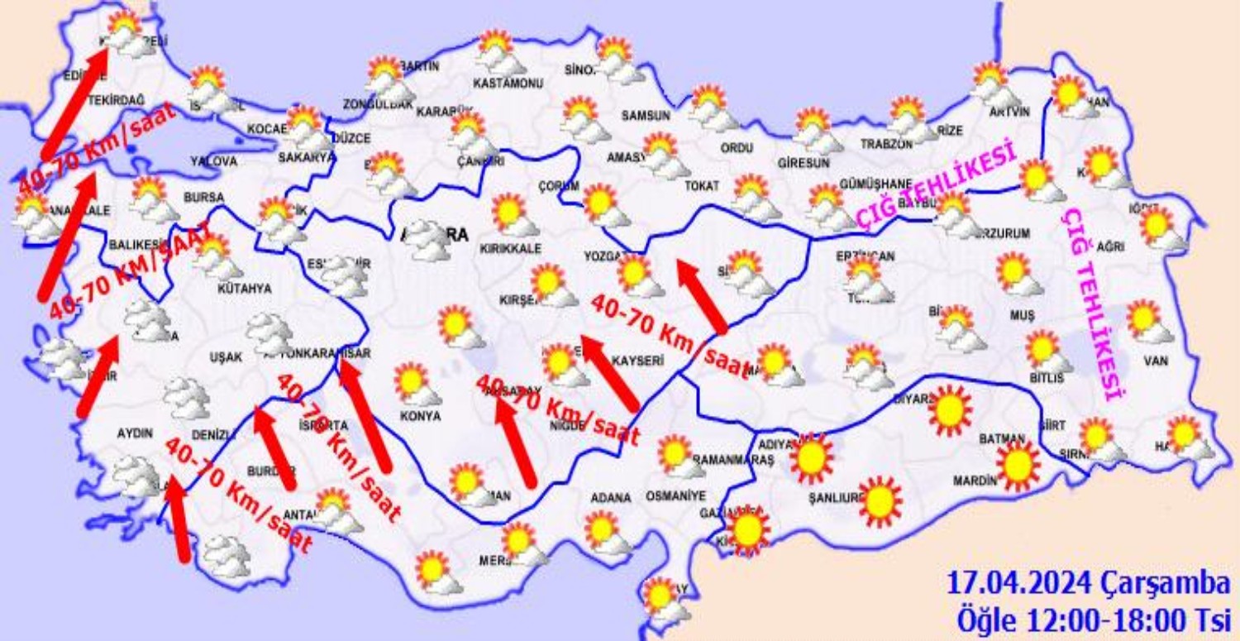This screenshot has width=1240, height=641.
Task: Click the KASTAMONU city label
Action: tap(508, 84)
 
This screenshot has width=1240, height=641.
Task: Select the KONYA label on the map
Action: tap(420, 416)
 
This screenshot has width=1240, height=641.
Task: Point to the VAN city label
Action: tap(1155, 361)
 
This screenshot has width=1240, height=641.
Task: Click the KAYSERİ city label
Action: tap(638, 361)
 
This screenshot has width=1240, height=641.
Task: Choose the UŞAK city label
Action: tap(226, 356)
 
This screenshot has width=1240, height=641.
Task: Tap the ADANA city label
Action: tap(611, 498)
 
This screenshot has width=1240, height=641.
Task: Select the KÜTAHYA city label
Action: tap(244, 289)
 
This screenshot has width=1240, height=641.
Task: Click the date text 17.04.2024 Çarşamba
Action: tap(1088, 583)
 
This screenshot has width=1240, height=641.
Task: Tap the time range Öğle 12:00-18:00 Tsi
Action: tap(1093, 618)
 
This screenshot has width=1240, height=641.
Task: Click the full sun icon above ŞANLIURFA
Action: tap(880, 500)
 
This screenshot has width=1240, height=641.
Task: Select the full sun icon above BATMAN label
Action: tap(1018, 466)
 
